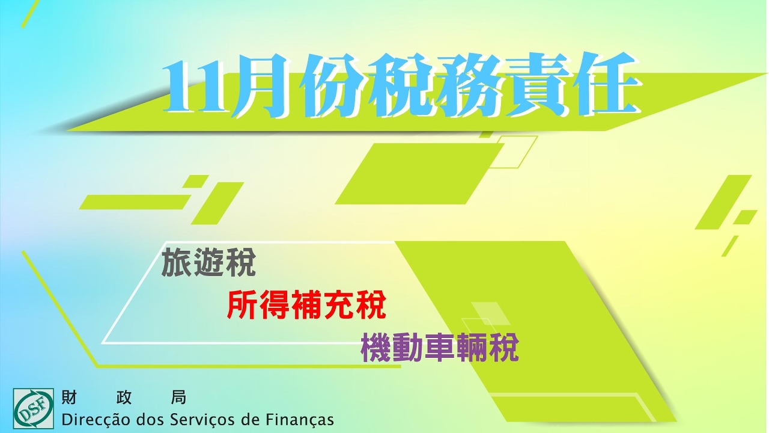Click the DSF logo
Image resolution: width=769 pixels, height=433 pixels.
click(x=33, y=408)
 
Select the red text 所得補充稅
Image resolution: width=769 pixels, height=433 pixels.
click(x=306, y=305)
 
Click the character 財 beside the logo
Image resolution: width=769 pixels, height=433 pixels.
click(x=69, y=398)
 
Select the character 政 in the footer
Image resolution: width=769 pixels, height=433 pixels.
click(x=124, y=398)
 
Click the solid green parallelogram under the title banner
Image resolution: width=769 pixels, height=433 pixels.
click(x=419, y=174)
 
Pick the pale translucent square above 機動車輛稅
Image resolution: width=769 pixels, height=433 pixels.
click(x=490, y=313)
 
